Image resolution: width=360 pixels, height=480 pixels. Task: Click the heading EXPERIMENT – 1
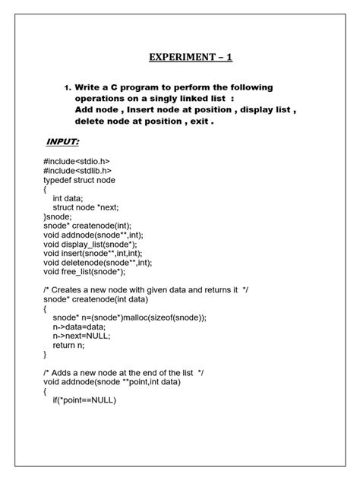pos(179,57)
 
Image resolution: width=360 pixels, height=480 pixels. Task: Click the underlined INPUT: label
pos(63,142)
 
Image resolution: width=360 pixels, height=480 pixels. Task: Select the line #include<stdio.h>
pos(77,162)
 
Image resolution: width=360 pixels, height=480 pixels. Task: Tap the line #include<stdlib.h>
pos(77,171)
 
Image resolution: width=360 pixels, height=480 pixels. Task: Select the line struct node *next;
pos(86,207)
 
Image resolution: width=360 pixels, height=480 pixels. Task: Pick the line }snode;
pos(58,216)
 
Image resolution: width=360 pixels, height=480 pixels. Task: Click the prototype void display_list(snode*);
pos(90,244)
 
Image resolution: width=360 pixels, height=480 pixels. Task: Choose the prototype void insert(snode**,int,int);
pos(93,253)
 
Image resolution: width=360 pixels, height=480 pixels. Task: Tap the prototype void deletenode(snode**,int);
pos(97,262)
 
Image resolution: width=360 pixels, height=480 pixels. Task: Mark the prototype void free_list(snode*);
pos(84,271)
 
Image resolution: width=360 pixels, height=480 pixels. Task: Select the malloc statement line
pos(129,317)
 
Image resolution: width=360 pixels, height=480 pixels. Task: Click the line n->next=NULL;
pos(81,335)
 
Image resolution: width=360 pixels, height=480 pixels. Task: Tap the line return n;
pos(69,344)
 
